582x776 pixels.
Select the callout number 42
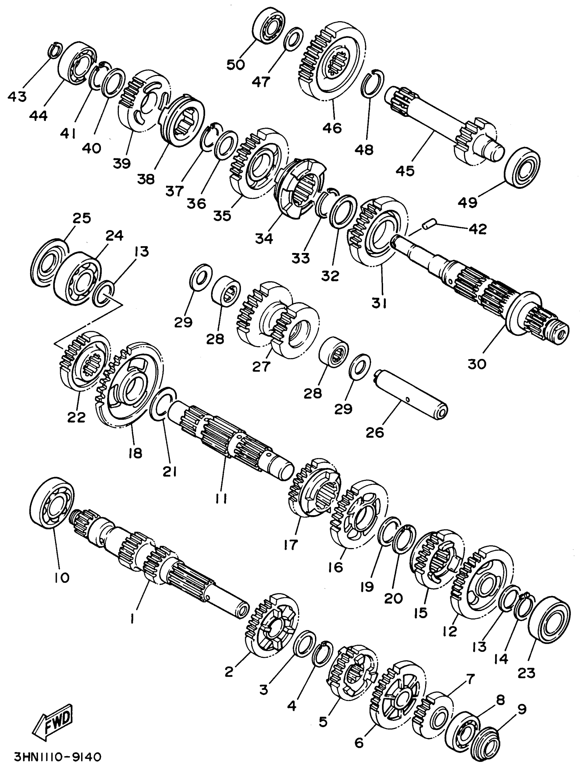point(478,229)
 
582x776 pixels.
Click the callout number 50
point(236,64)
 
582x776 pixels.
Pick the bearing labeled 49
point(522,168)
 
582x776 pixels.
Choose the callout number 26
point(375,433)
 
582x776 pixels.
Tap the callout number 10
point(62,578)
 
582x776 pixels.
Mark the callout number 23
point(526,672)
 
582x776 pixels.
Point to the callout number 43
point(17,96)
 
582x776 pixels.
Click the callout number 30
point(477,364)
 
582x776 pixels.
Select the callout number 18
point(135,453)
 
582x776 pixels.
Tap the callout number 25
point(81,218)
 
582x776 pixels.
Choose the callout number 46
point(332,128)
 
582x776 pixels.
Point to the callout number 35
point(222,215)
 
